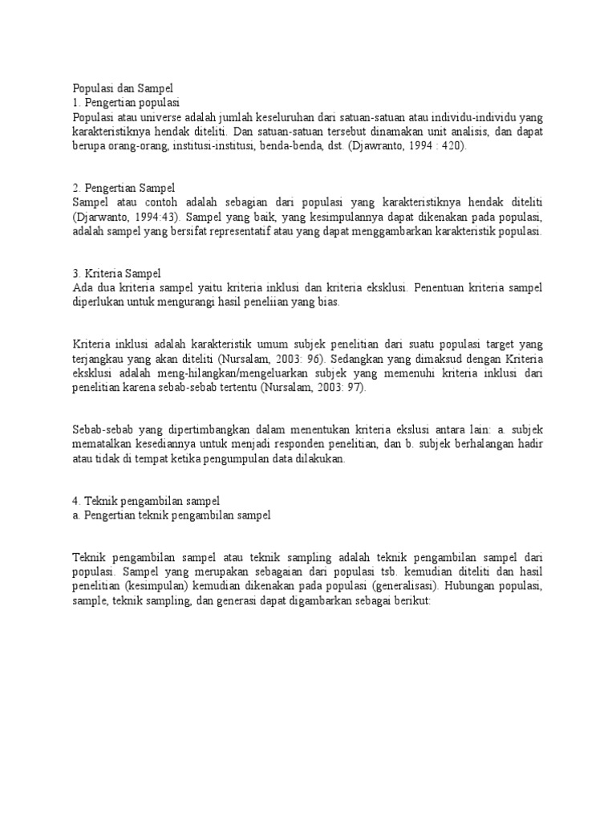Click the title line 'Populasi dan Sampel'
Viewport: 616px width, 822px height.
coord(123,89)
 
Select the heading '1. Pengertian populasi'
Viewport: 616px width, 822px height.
coord(126,103)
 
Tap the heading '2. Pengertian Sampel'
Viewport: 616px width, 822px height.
coord(123,188)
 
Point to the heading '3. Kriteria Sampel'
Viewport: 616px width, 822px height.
coord(116,274)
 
